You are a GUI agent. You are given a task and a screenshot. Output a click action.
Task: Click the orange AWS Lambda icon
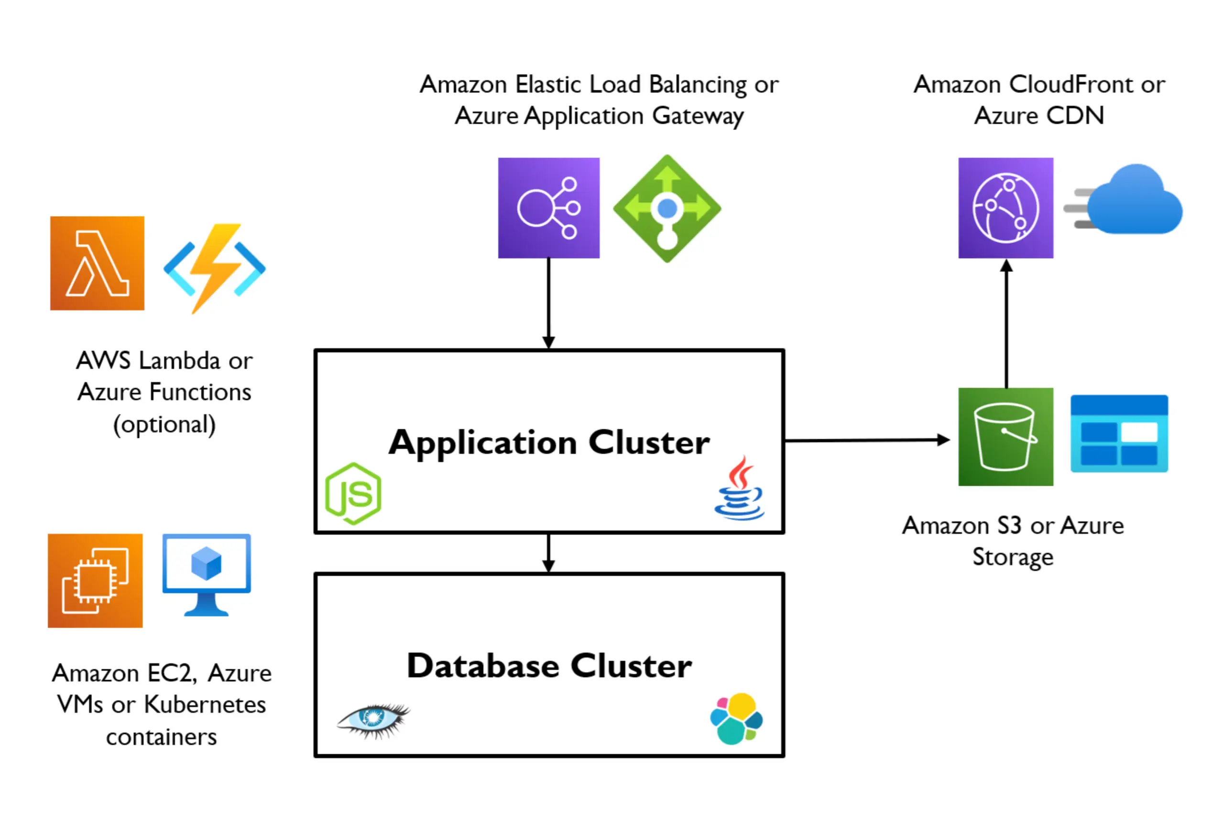[x=98, y=263]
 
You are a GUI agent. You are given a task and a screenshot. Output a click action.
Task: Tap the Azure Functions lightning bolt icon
[x=214, y=268]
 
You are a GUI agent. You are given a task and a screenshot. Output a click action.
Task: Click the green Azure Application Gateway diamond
[x=667, y=208]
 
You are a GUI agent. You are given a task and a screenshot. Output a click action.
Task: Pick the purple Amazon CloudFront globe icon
[x=1005, y=208]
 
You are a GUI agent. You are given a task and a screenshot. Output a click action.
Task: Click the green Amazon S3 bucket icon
[x=1005, y=436]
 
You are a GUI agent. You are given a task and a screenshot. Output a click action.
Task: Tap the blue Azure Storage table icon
[x=1119, y=434]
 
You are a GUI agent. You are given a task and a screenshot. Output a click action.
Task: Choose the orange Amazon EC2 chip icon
[x=95, y=580]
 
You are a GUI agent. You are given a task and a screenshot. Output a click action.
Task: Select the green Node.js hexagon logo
[x=353, y=493]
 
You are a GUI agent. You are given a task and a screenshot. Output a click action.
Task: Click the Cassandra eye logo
[x=373, y=720]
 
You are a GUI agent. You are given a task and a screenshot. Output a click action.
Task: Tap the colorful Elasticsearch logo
[x=736, y=719]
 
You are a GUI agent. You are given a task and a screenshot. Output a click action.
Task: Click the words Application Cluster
[x=549, y=443]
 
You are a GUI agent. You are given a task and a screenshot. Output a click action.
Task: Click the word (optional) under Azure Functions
[x=164, y=424]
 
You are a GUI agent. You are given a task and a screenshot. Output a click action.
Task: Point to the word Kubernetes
[x=205, y=705]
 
